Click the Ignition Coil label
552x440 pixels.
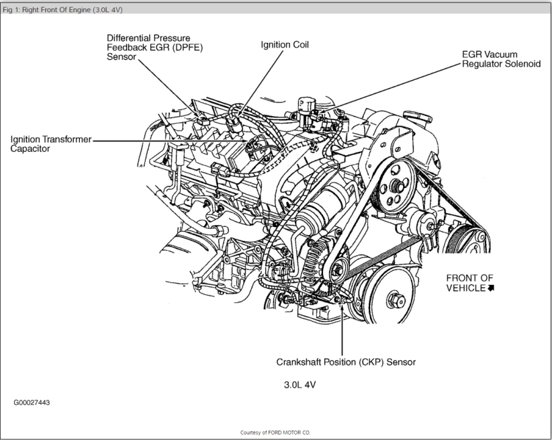point(285,44)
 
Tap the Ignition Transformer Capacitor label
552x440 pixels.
point(50,144)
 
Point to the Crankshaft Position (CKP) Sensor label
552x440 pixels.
point(346,361)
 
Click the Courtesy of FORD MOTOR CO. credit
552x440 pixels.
point(275,433)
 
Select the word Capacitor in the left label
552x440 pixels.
point(31,148)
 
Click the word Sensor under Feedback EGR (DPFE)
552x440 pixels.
point(122,57)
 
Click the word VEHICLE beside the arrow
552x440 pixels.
point(466,288)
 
